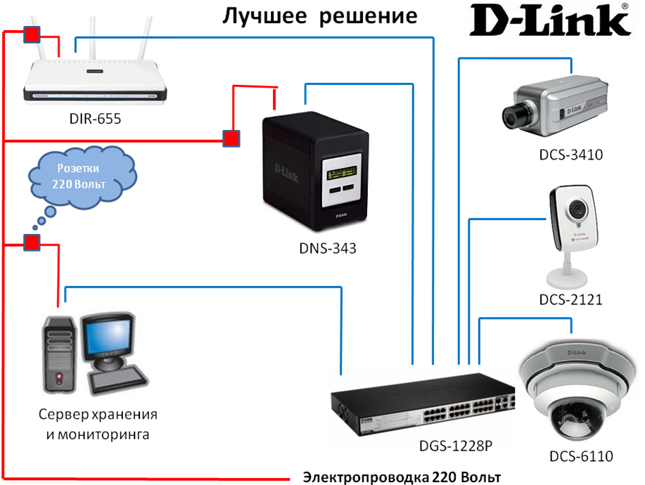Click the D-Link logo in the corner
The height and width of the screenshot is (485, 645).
click(x=549, y=20)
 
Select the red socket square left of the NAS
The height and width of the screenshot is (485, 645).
click(x=231, y=138)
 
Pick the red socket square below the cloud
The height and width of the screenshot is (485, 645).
click(x=32, y=243)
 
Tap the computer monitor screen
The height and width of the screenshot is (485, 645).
click(x=106, y=337)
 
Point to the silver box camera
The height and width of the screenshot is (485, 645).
click(x=556, y=103)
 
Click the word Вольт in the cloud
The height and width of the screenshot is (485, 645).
click(x=98, y=184)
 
